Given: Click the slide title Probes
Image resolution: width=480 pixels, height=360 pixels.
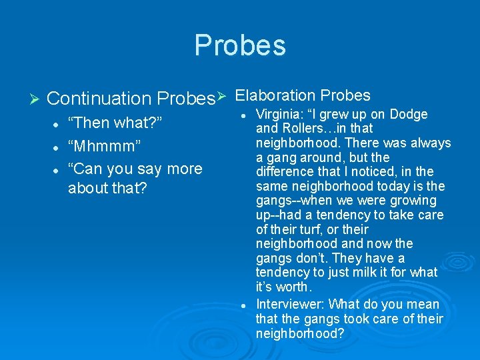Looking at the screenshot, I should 240,45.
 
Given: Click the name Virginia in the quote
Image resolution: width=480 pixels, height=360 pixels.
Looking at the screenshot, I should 278,114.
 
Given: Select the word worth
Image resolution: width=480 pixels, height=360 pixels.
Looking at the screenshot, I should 293,287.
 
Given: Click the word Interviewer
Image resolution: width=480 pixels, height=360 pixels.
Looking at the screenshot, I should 289,305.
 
